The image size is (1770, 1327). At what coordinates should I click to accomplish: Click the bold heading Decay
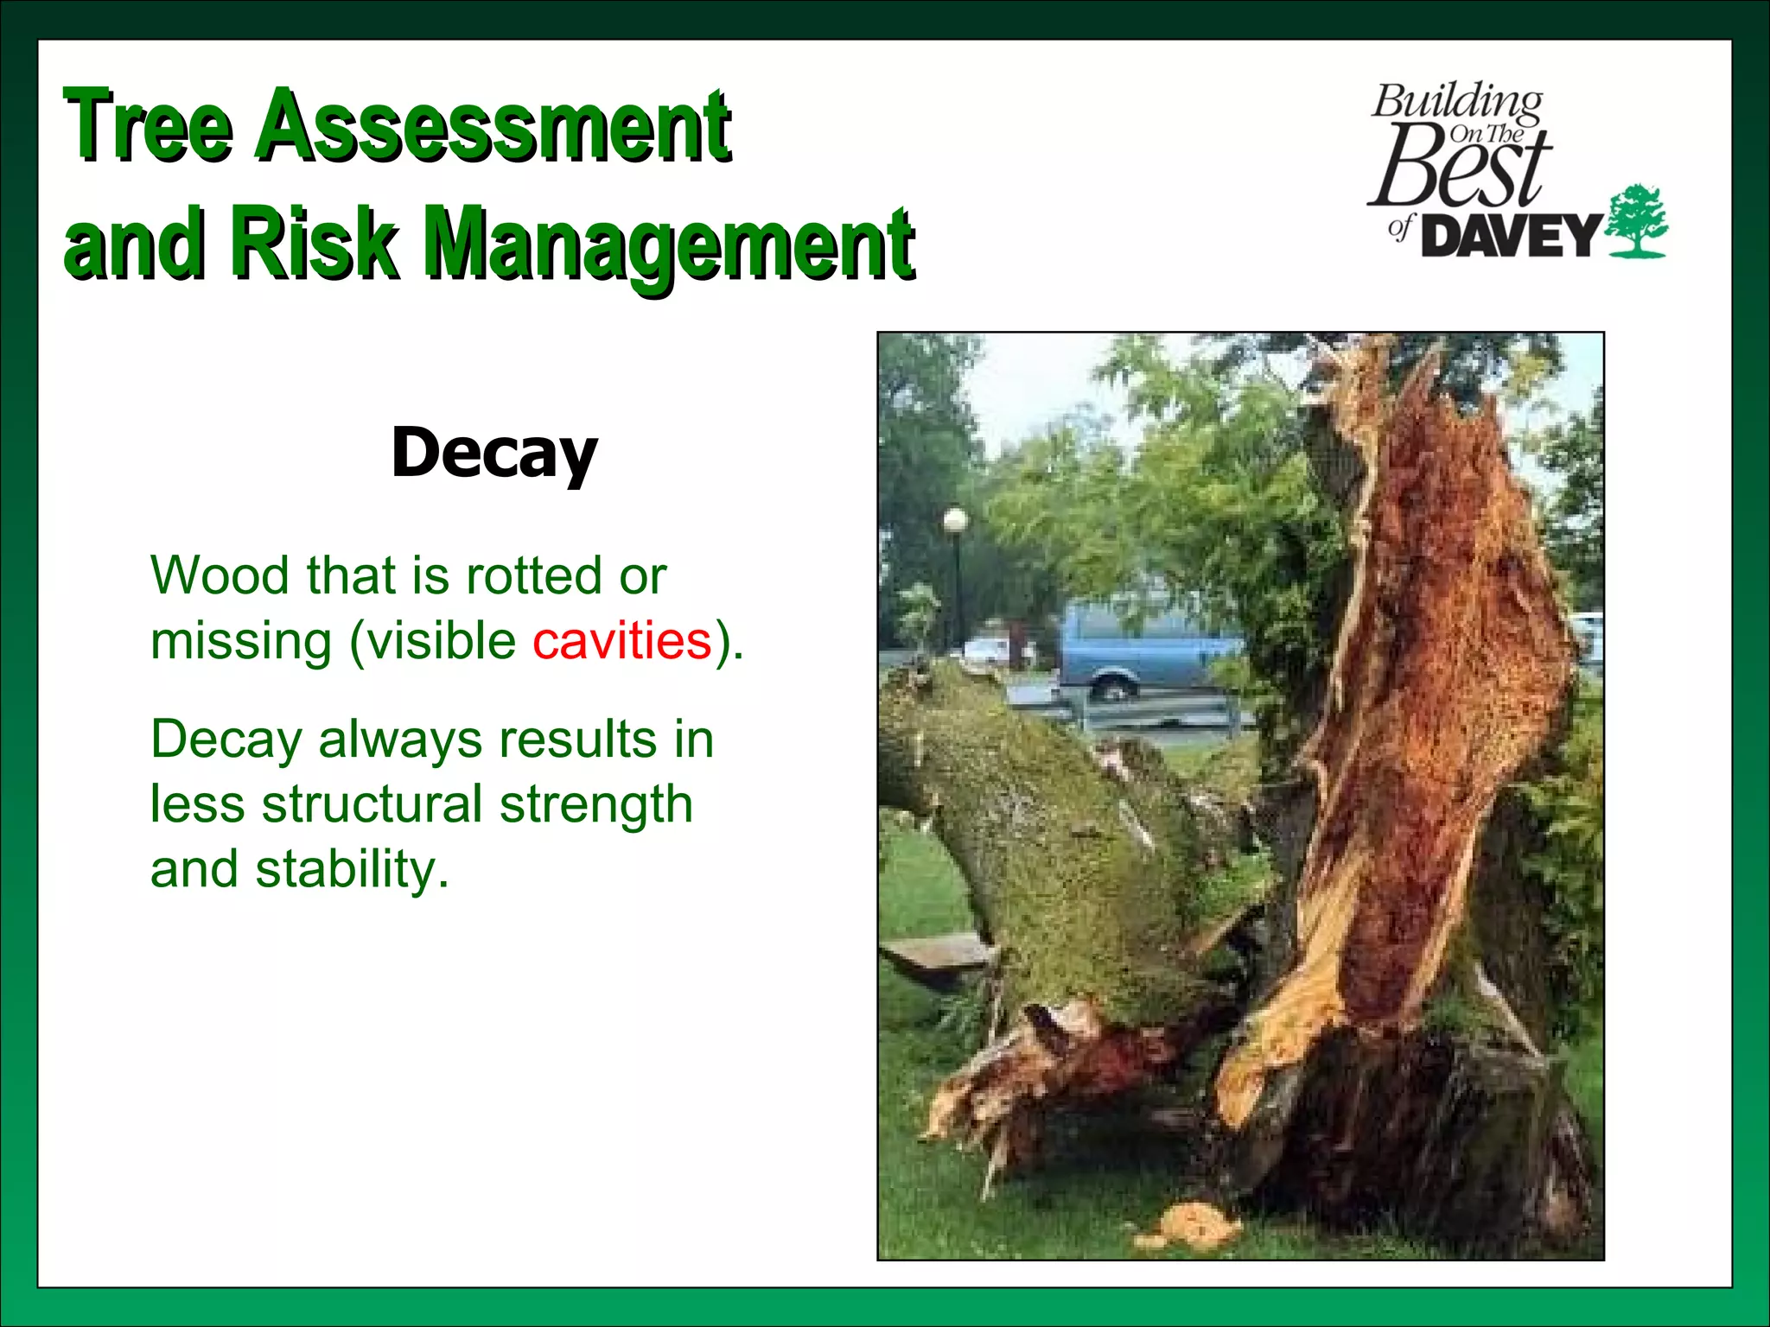[493, 453]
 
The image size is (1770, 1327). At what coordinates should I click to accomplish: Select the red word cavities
[621, 641]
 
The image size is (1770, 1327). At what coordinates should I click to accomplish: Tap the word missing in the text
[241, 641]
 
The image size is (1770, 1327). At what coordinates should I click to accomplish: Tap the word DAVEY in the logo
[1512, 236]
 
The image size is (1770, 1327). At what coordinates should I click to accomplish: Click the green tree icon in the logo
[1636, 221]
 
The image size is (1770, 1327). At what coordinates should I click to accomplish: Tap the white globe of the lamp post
[955, 520]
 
